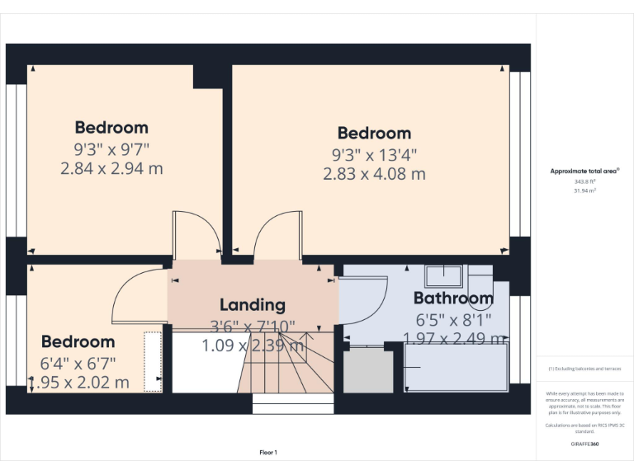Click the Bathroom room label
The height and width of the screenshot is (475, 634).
pyautogui.click(x=453, y=298)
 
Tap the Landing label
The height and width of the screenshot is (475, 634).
pyautogui.click(x=252, y=305)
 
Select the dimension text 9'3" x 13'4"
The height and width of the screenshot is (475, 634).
pyautogui.click(x=374, y=153)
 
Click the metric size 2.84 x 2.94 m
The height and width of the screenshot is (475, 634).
pyautogui.click(x=111, y=168)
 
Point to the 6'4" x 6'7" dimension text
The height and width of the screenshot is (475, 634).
pyautogui.click(x=78, y=362)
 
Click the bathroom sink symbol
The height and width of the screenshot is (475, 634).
pyautogui.click(x=444, y=274)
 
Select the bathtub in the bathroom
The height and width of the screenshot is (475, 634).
pyautogui.click(x=456, y=368)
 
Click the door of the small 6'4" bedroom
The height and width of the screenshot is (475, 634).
pyautogui.click(x=136, y=297)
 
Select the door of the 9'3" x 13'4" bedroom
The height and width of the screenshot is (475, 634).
pyautogui.click(x=277, y=235)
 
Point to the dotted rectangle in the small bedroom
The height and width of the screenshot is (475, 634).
pyautogui.click(x=153, y=361)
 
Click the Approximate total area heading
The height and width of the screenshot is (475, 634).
pyautogui.click(x=584, y=171)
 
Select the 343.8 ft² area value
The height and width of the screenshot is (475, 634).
pyautogui.click(x=584, y=181)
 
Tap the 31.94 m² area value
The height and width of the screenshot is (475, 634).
pyautogui.click(x=584, y=190)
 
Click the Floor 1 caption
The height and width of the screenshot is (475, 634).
pyautogui.click(x=268, y=453)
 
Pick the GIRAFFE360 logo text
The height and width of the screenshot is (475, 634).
pyautogui.click(x=584, y=444)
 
